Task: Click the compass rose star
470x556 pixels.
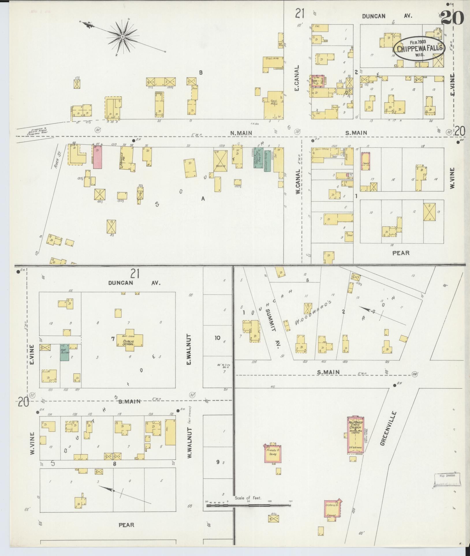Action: [x=123, y=37]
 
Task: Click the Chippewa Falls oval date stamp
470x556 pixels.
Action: [x=419, y=48]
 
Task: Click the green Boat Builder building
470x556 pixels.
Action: [x=64, y=352]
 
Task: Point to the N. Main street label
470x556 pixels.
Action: [x=241, y=133]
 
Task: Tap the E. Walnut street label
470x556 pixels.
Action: [x=189, y=349]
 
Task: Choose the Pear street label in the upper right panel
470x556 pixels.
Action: [x=401, y=253]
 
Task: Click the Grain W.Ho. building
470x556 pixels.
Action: [x=270, y=64]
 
